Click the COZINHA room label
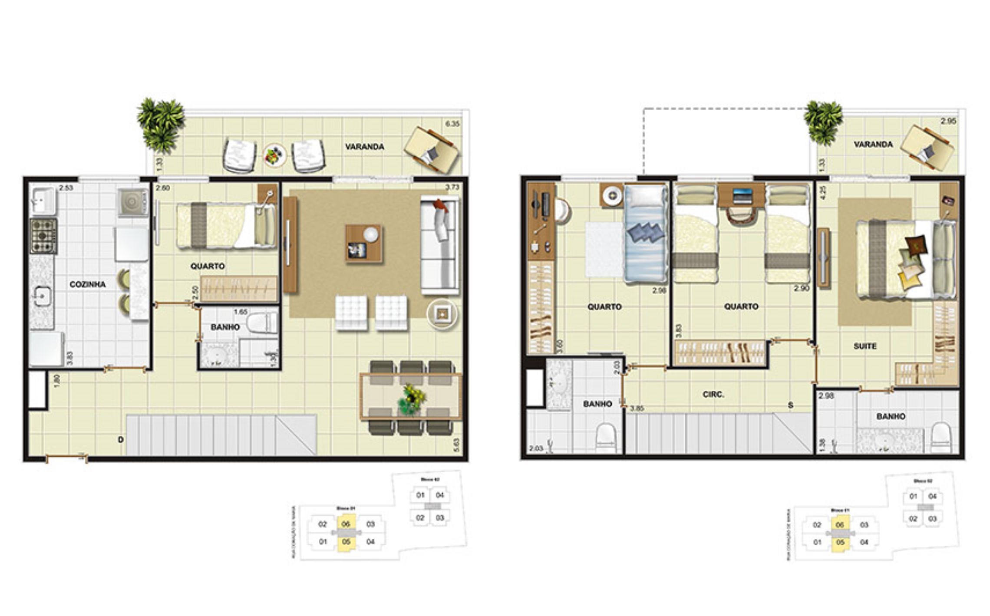tap(87, 284)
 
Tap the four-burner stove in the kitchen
tap(43, 236)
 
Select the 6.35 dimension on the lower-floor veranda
tap(452, 124)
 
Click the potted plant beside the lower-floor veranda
tap(160, 124)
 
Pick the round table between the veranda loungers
tap(274, 155)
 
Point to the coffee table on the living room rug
tap(363, 244)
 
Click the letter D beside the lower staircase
tap(121, 440)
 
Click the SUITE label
tap(865, 346)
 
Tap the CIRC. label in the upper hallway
tap(713, 394)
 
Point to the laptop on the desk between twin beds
tap(742, 195)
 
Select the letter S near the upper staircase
tap(790, 405)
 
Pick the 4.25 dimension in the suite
tap(822, 193)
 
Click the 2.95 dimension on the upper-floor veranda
tap(948, 121)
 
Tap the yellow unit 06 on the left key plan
tap(346, 524)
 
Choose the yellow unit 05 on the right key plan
tap(840, 542)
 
